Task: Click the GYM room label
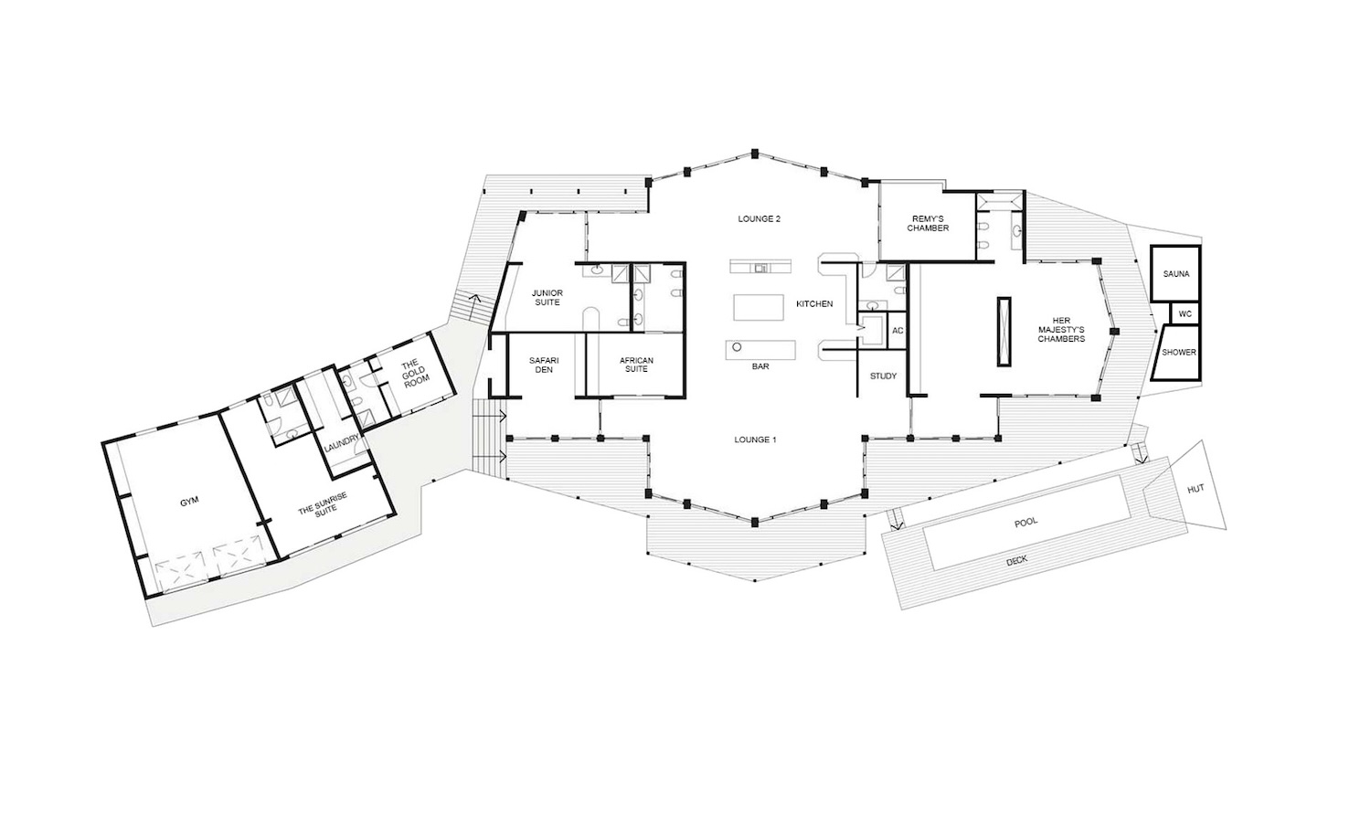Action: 189,502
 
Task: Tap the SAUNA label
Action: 1175,274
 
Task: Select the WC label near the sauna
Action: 1185,314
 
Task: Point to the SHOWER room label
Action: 1179,353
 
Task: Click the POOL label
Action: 1026,522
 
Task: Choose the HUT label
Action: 1196,489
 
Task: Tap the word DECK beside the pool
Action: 1016,560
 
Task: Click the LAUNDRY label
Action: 341,443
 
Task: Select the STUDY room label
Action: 883,376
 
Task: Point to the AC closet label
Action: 898,331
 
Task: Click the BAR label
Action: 760,366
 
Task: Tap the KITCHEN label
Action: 814,304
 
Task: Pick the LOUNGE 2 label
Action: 759,219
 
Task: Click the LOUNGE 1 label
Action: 755,439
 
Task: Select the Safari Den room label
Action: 544,365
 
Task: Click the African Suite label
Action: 636,365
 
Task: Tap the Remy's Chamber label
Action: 928,223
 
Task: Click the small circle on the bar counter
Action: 737,347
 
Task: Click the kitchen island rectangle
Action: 759,307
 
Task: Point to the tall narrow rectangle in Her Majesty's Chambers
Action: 1004,332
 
